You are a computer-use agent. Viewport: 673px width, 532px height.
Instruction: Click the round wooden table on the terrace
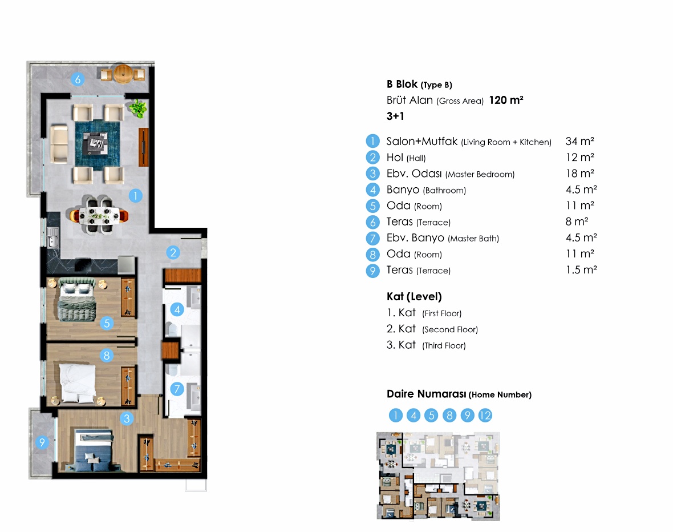(x=124, y=74)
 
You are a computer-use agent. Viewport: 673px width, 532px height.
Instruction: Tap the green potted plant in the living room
(x=137, y=108)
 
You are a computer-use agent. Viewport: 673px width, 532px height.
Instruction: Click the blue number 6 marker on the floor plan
(x=78, y=79)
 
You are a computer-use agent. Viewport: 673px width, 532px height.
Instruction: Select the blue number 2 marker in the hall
(x=173, y=253)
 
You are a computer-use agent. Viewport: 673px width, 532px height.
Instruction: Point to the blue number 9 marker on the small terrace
(x=42, y=442)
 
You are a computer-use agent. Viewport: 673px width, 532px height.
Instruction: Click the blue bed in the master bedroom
(x=94, y=450)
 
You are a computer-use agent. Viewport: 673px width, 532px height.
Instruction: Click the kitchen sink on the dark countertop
(x=52, y=237)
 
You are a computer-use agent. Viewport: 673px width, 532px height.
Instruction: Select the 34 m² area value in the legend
(x=579, y=141)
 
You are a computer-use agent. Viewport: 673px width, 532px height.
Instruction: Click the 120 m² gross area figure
(x=506, y=100)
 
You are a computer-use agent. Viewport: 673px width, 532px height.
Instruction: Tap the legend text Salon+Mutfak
(x=422, y=142)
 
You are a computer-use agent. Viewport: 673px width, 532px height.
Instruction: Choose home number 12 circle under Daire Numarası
(x=485, y=415)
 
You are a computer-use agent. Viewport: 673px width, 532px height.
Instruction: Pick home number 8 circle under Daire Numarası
(x=449, y=415)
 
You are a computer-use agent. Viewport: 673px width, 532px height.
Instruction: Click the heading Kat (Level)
(x=414, y=296)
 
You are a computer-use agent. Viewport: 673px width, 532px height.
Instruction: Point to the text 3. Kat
(x=401, y=345)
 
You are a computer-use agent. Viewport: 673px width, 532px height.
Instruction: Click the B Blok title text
(x=402, y=84)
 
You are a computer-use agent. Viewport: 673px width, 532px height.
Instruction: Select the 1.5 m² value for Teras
(x=581, y=270)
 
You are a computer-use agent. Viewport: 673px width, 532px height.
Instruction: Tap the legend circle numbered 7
(x=372, y=238)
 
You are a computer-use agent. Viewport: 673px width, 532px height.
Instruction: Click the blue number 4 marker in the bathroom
(x=177, y=309)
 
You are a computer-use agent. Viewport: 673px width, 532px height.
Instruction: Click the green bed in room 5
(x=77, y=299)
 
